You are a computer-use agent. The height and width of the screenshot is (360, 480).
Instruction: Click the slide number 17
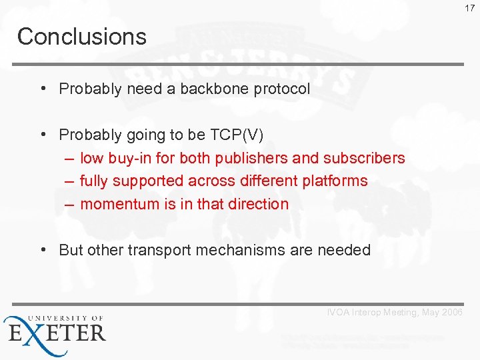pyautogui.click(x=471, y=8)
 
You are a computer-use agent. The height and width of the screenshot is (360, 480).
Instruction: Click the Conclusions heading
pyautogui.click(x=81, y=36)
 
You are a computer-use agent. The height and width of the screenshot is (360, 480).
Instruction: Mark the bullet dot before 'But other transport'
pyautogui.click(x=42, y=249)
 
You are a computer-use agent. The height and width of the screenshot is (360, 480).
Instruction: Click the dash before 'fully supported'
pyautogui.click(x=69, y=181)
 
